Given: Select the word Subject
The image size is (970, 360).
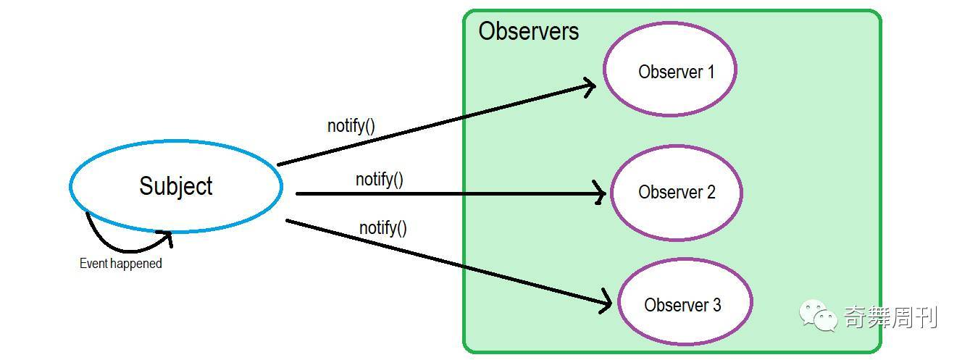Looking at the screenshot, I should (x=176, y=186).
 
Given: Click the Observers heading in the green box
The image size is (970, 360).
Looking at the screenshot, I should (x=529, y=31).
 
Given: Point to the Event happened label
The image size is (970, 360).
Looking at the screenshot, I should (x=120, y=264).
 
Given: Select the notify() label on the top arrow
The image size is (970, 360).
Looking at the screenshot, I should (x=351, y=125).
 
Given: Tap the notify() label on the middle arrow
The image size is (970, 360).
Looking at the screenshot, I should (x=380, y=179).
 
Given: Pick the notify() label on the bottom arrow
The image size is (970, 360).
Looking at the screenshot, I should (x=383, y=228).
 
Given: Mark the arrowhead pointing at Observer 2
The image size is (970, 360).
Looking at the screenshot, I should (x=600, y=193).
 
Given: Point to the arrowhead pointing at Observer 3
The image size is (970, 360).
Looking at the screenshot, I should (x=606, y=303).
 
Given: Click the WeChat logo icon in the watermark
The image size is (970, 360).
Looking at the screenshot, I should (x=818, y=316).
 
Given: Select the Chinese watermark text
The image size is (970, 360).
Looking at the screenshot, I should (x=890, y=317).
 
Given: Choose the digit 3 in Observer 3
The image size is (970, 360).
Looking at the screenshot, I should (x=716, y=305).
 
